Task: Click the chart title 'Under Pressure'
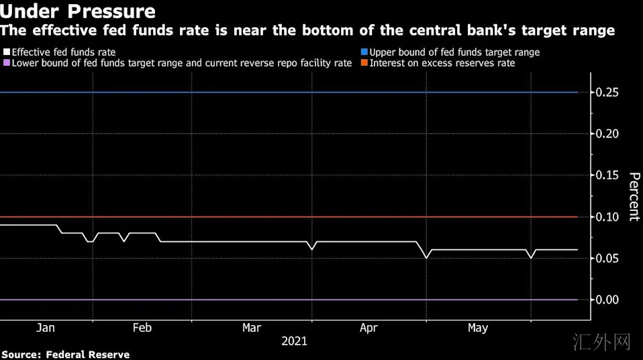click(x=78, y=11)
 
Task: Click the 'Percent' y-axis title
click(x=634, y=196)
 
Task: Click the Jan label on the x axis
click(x=45, y=328)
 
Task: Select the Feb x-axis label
click(x=142, y=328)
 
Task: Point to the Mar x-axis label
click(x=252, y=328)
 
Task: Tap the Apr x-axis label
click(x=368, y=328)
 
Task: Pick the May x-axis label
click(x=478, y=328)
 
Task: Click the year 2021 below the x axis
click(x=295, y=341)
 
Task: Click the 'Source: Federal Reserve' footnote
click(x=66, y=354)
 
